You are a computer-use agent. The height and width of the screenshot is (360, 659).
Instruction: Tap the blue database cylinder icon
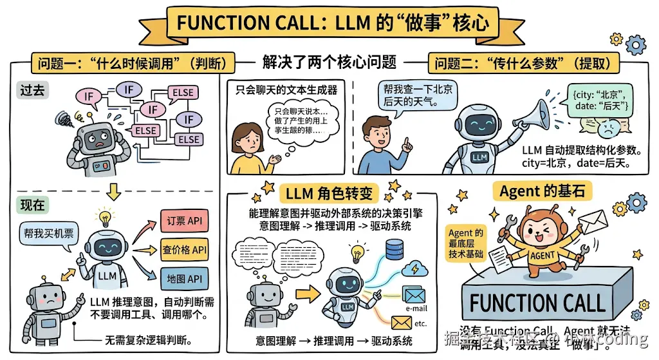click(x=393, y=248)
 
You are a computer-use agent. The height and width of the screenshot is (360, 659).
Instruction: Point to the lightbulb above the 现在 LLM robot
click(x=104, y=216)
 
